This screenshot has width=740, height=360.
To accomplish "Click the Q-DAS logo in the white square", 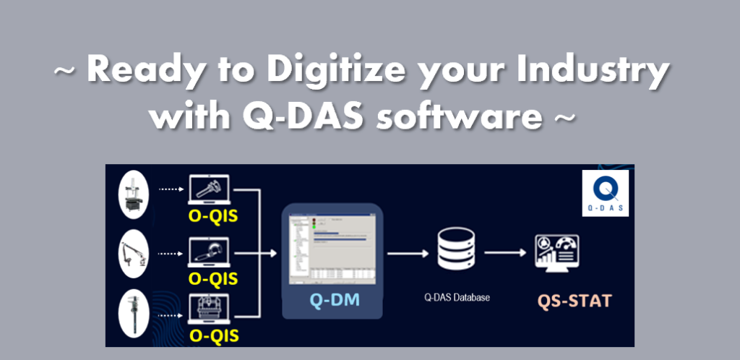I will (x=605, y=193).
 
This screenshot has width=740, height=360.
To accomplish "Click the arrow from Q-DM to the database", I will (x=408, y=253).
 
